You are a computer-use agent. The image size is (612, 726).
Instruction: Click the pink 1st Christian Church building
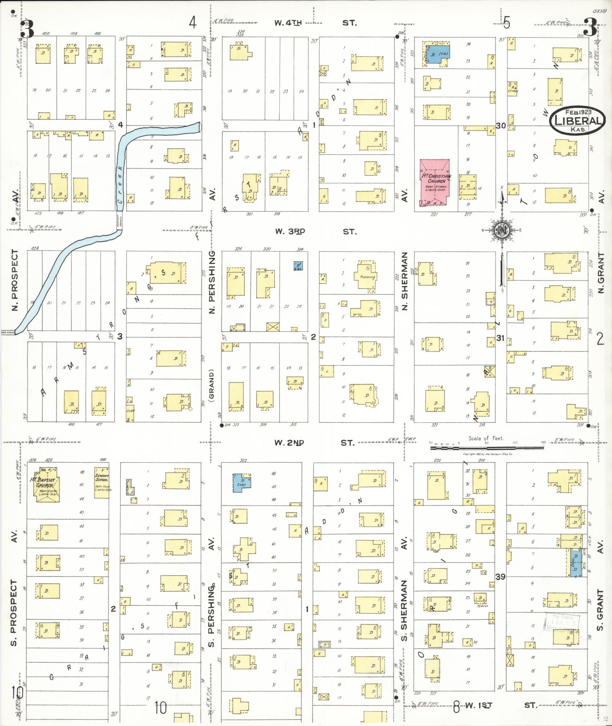pos(435,181)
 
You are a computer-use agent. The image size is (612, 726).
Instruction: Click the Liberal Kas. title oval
pos(577,121)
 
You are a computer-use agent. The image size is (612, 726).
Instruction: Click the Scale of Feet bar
pos(486,448)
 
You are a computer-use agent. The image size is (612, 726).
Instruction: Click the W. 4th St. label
pos(315,23)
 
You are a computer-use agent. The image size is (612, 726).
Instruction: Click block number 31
pos(500,338)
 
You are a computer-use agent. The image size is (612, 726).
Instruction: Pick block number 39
pos(500,576)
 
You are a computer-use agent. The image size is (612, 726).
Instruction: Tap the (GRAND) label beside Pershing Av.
pos(212,385)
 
